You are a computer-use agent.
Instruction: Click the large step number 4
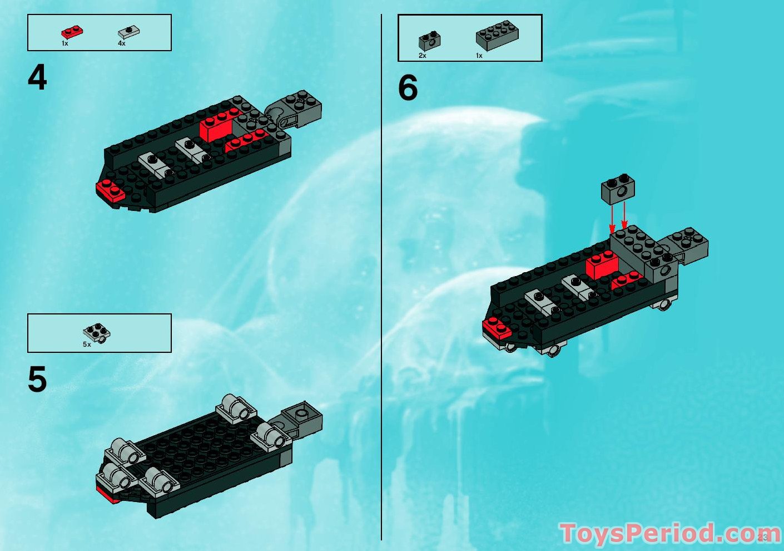coord(37,78)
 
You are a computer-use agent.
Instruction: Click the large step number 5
coord(37,380)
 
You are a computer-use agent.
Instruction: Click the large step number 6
coord(408,88)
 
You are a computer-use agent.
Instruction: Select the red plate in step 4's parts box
coord(72,32)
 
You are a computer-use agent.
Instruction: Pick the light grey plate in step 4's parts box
coord(128,32)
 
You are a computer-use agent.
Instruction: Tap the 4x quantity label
coord(122,43)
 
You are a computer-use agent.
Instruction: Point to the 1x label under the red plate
coord(65,43)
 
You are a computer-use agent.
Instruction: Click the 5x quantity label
coord(87,345)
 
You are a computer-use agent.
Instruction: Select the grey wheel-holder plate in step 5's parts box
coord(97,332)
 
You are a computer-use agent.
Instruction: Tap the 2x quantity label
coord(423,56)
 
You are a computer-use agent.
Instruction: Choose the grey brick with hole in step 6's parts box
coord(429,40)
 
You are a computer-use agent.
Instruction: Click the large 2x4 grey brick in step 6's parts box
coord(497,36)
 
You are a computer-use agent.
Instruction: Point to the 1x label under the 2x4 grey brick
coord(479,56)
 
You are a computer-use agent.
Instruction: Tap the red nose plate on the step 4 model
coord(110,191)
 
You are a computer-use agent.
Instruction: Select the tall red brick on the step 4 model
coord(216,127)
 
